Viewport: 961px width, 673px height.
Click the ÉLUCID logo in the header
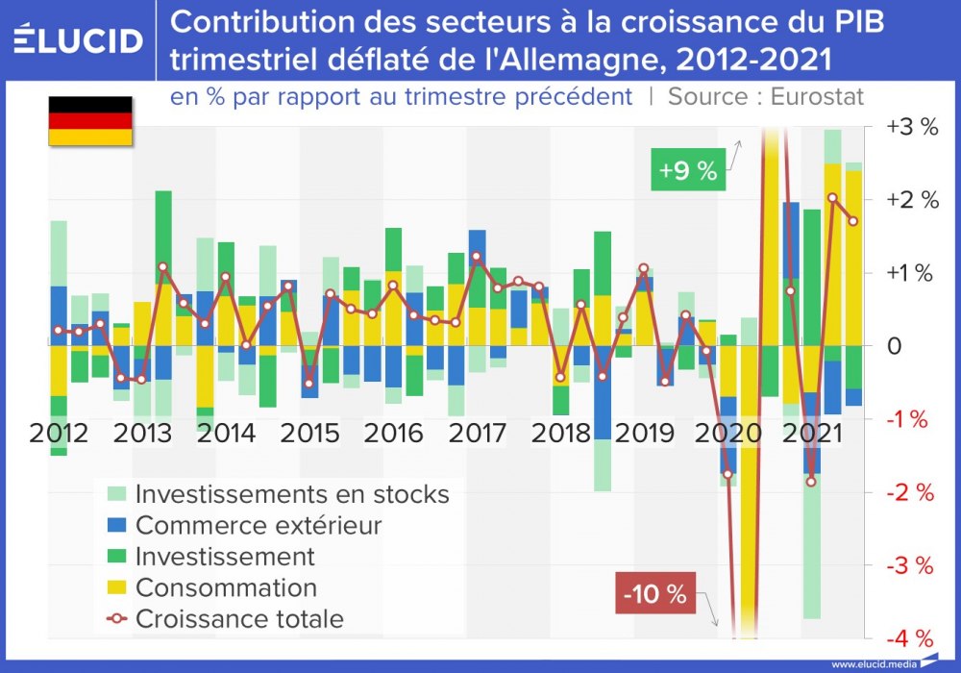coord(79,40)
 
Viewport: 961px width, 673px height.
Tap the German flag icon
coord(90,121)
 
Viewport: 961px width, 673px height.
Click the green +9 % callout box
coord(687,171)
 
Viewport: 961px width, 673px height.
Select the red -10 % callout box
coord(653,594)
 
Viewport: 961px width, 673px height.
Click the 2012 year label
coord(59,433)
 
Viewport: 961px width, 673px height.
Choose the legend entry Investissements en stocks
coord(292,494)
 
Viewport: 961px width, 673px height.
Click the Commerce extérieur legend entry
coord(259,525)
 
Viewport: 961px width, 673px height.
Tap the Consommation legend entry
coord(226,586)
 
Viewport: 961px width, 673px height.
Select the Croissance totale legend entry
coord(239,618)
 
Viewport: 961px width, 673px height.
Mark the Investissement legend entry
coord(225,556)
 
